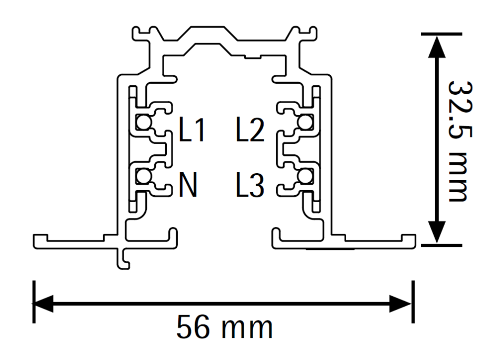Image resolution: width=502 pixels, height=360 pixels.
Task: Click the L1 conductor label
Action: pyautogui.click(x=192, y=129)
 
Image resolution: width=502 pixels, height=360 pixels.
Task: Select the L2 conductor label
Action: pyautogui.click(x=250, y=129)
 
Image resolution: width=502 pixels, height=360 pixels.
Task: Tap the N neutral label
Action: pyautogui.click(x=188, y=185)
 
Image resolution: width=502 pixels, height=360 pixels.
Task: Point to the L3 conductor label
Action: pyautogui.click(x=250, y=185)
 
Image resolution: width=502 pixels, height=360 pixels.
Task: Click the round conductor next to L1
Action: pyautogui.click(x=144, y=122)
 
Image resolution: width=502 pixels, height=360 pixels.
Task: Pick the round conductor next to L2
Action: pyautogui.click(x=305, y=122)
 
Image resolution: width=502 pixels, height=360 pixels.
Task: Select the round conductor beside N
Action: pyautogui.click(x=144, y=176)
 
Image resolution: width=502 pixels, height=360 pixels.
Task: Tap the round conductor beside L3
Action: pyautogui.click(x=305, y=176)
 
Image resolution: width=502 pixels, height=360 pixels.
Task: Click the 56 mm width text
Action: pyautogui.click(x=225, y=327)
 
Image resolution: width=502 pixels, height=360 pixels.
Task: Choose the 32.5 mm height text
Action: pyautogui.click(x=460, y=141)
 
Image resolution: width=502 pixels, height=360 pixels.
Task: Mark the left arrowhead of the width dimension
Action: pyautogui.click(x=43, y=303)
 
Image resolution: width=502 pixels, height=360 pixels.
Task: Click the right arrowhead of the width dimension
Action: pyautogui.click(x=400, y=303)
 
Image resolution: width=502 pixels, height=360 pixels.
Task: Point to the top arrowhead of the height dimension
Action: pyautogui.click(x=437, y=47)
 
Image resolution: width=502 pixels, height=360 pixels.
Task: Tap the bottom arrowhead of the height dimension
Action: pyautogui.click(x=437, y=232)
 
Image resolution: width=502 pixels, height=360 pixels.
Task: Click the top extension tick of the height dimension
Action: pyautogui.click(x=441, y=34)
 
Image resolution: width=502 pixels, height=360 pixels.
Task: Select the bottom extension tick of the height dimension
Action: pyautogui.click(x=441, y=245)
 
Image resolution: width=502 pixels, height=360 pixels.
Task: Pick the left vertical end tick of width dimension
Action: pyautogui.click(x=34, y=302)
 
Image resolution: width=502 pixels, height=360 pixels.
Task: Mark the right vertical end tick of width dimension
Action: pyautogui.click(x=413, y=302)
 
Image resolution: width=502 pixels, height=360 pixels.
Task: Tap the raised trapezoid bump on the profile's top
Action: pyautogui.click(x=208, y=34)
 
